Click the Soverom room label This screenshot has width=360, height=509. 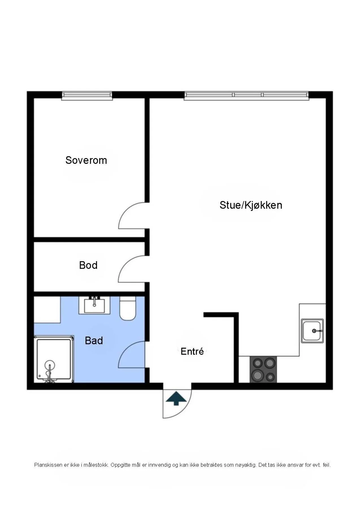86,160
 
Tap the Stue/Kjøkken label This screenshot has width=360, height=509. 251,205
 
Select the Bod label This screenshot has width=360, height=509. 88,265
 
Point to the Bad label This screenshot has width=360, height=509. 94,340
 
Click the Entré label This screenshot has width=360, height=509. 192,351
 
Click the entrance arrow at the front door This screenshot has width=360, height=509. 176,398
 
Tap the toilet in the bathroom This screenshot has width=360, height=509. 128,308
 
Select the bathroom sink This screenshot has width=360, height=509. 94,305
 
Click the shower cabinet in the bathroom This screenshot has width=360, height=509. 54,359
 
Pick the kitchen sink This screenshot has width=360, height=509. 312,331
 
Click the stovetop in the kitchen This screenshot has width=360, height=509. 263,370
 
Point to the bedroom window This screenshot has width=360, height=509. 87,96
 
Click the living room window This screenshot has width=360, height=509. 246,96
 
